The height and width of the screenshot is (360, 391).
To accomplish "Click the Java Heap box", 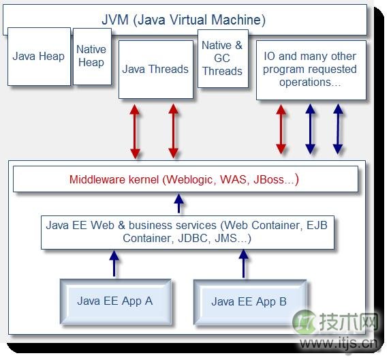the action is coord(39,57).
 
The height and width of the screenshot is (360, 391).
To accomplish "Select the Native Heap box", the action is coord(92,57).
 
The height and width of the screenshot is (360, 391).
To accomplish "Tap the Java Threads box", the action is coord(156,70).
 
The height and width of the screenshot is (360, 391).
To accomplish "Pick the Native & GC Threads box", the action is coord(223,59).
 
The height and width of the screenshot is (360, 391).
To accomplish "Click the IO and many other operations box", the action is coord(311,70).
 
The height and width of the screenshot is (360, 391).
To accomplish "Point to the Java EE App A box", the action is coord(116,301).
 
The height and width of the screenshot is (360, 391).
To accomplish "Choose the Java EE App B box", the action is coord(250,302).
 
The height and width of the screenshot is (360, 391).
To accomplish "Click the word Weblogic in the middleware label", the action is coord(191,180).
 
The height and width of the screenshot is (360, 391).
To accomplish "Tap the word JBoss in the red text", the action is coord(269,180).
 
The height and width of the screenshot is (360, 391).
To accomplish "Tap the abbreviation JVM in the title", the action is coord(115,20).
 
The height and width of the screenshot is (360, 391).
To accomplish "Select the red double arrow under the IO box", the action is coord(281,130).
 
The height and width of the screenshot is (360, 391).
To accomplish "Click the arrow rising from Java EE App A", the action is coord(114,264).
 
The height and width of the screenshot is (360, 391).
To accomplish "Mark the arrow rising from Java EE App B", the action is coord(244,264).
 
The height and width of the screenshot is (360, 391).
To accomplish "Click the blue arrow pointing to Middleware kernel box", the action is coord(178,203).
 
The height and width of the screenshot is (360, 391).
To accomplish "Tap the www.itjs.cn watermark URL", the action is coord(339,344).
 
